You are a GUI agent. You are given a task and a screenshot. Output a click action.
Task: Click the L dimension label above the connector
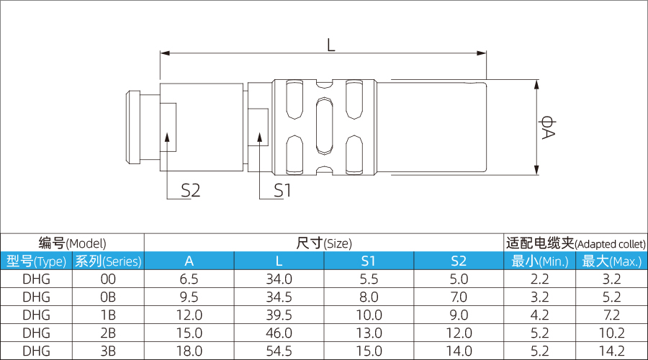coord(330,45)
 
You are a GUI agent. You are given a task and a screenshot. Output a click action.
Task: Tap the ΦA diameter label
coord(549,127)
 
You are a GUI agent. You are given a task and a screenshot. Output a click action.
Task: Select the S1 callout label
coord(282,191)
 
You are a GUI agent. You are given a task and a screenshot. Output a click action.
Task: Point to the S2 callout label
coord(190,191)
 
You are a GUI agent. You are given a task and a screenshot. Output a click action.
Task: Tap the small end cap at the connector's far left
coord(132,127)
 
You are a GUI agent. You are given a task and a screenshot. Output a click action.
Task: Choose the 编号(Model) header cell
coord(72,243)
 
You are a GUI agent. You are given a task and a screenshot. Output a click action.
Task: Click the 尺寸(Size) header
coord(324,243)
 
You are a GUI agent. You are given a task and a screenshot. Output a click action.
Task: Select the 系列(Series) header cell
coord(108,261)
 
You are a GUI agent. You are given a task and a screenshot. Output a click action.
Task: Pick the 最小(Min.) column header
coord(539,261)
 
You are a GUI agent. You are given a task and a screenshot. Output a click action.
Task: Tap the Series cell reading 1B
coord(108,315)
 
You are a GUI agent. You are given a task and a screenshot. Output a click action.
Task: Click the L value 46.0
coord(279,333)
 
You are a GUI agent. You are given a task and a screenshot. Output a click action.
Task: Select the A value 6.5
coord(189,279)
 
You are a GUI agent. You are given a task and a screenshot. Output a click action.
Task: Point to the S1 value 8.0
coord(369,297)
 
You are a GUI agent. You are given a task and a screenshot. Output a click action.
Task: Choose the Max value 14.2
coord(611,351)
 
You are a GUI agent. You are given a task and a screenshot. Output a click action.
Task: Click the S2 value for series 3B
coord(459,351)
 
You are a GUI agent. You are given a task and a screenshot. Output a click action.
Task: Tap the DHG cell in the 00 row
coord(36,279)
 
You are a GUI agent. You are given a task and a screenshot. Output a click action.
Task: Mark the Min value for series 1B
coord(539,315)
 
